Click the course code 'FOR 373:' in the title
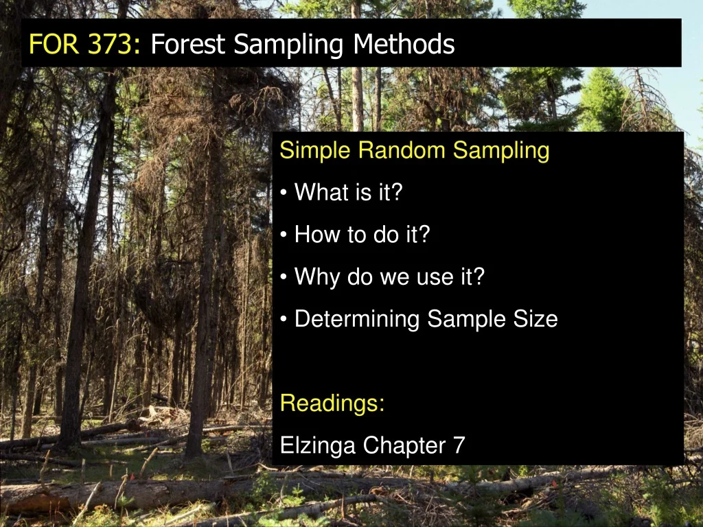(x=84, y=45)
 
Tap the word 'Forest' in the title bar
(x=187, y=45)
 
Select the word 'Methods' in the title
(x=404, y=45)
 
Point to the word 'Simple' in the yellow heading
(x=316, y=150)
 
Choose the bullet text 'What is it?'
(x=347, y=193)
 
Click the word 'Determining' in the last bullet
(x=356, y=319)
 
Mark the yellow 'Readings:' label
(x=332, y=403)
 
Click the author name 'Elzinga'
(x=318, y=446)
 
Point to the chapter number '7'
(x=459, y=446)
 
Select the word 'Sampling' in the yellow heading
(x=502, y=150)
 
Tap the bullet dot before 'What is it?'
(x=284, y=194)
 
